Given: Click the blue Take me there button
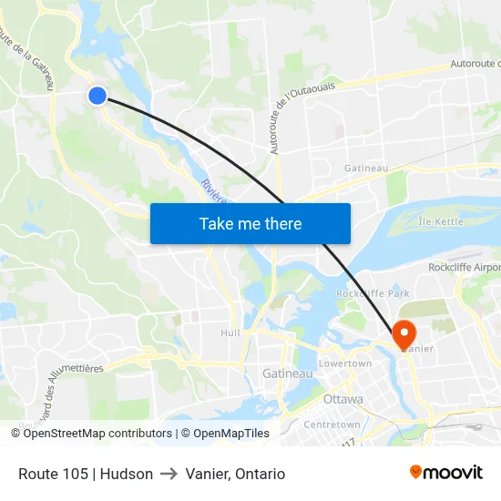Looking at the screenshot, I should point(250,223).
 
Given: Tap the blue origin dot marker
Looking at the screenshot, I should point(97,95).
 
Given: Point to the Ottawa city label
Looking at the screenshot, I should point(343,399).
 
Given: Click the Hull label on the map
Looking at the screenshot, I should point(230,332).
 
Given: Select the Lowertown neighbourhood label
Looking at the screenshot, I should point(345,363).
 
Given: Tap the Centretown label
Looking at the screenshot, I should point(332,424).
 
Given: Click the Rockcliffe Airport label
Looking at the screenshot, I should point(464,268).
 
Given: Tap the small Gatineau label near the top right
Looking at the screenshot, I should point(366,169).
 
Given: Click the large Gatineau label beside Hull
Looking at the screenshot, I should point(287,373).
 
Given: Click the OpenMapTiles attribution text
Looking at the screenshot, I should point(229,434).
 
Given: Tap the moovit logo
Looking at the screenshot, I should point(446,472).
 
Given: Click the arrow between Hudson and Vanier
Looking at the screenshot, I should point(169,474).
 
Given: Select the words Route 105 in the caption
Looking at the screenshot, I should point(53,474).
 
